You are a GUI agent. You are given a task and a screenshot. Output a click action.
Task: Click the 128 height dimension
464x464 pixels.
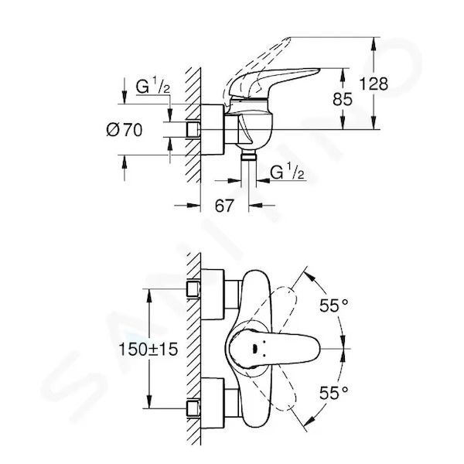click(x=374, y=84)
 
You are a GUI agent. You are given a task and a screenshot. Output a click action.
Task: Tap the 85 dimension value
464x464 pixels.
click(x=343, y=99)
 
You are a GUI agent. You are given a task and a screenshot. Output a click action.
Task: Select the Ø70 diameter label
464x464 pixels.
click(x=125, y=130)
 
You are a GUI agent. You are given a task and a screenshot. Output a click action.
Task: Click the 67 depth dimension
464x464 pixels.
click(x=224, y=206)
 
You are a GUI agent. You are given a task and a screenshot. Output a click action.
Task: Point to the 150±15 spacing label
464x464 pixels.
click(x=148, y=350)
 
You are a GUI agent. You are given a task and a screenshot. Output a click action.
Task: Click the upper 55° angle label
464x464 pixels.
click(x=334, y=305)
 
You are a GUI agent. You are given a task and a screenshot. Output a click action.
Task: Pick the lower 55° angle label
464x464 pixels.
click(x=334, y=394)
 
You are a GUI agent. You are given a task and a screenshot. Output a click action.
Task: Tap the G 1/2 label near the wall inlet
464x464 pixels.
click(x=152, y=86)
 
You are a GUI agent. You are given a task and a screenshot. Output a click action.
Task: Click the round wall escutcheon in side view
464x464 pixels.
click(x=212, y=129)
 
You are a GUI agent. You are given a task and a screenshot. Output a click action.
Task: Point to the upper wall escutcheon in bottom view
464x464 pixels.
click(x=212, y=295)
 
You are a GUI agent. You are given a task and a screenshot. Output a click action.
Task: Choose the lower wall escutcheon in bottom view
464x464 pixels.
click(x=212, y=404)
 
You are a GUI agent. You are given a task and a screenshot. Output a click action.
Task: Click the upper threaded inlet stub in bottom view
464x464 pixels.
click(x=193, y=289)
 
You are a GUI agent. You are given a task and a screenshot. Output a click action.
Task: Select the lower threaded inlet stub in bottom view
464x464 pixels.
click(x=193, y=408)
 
